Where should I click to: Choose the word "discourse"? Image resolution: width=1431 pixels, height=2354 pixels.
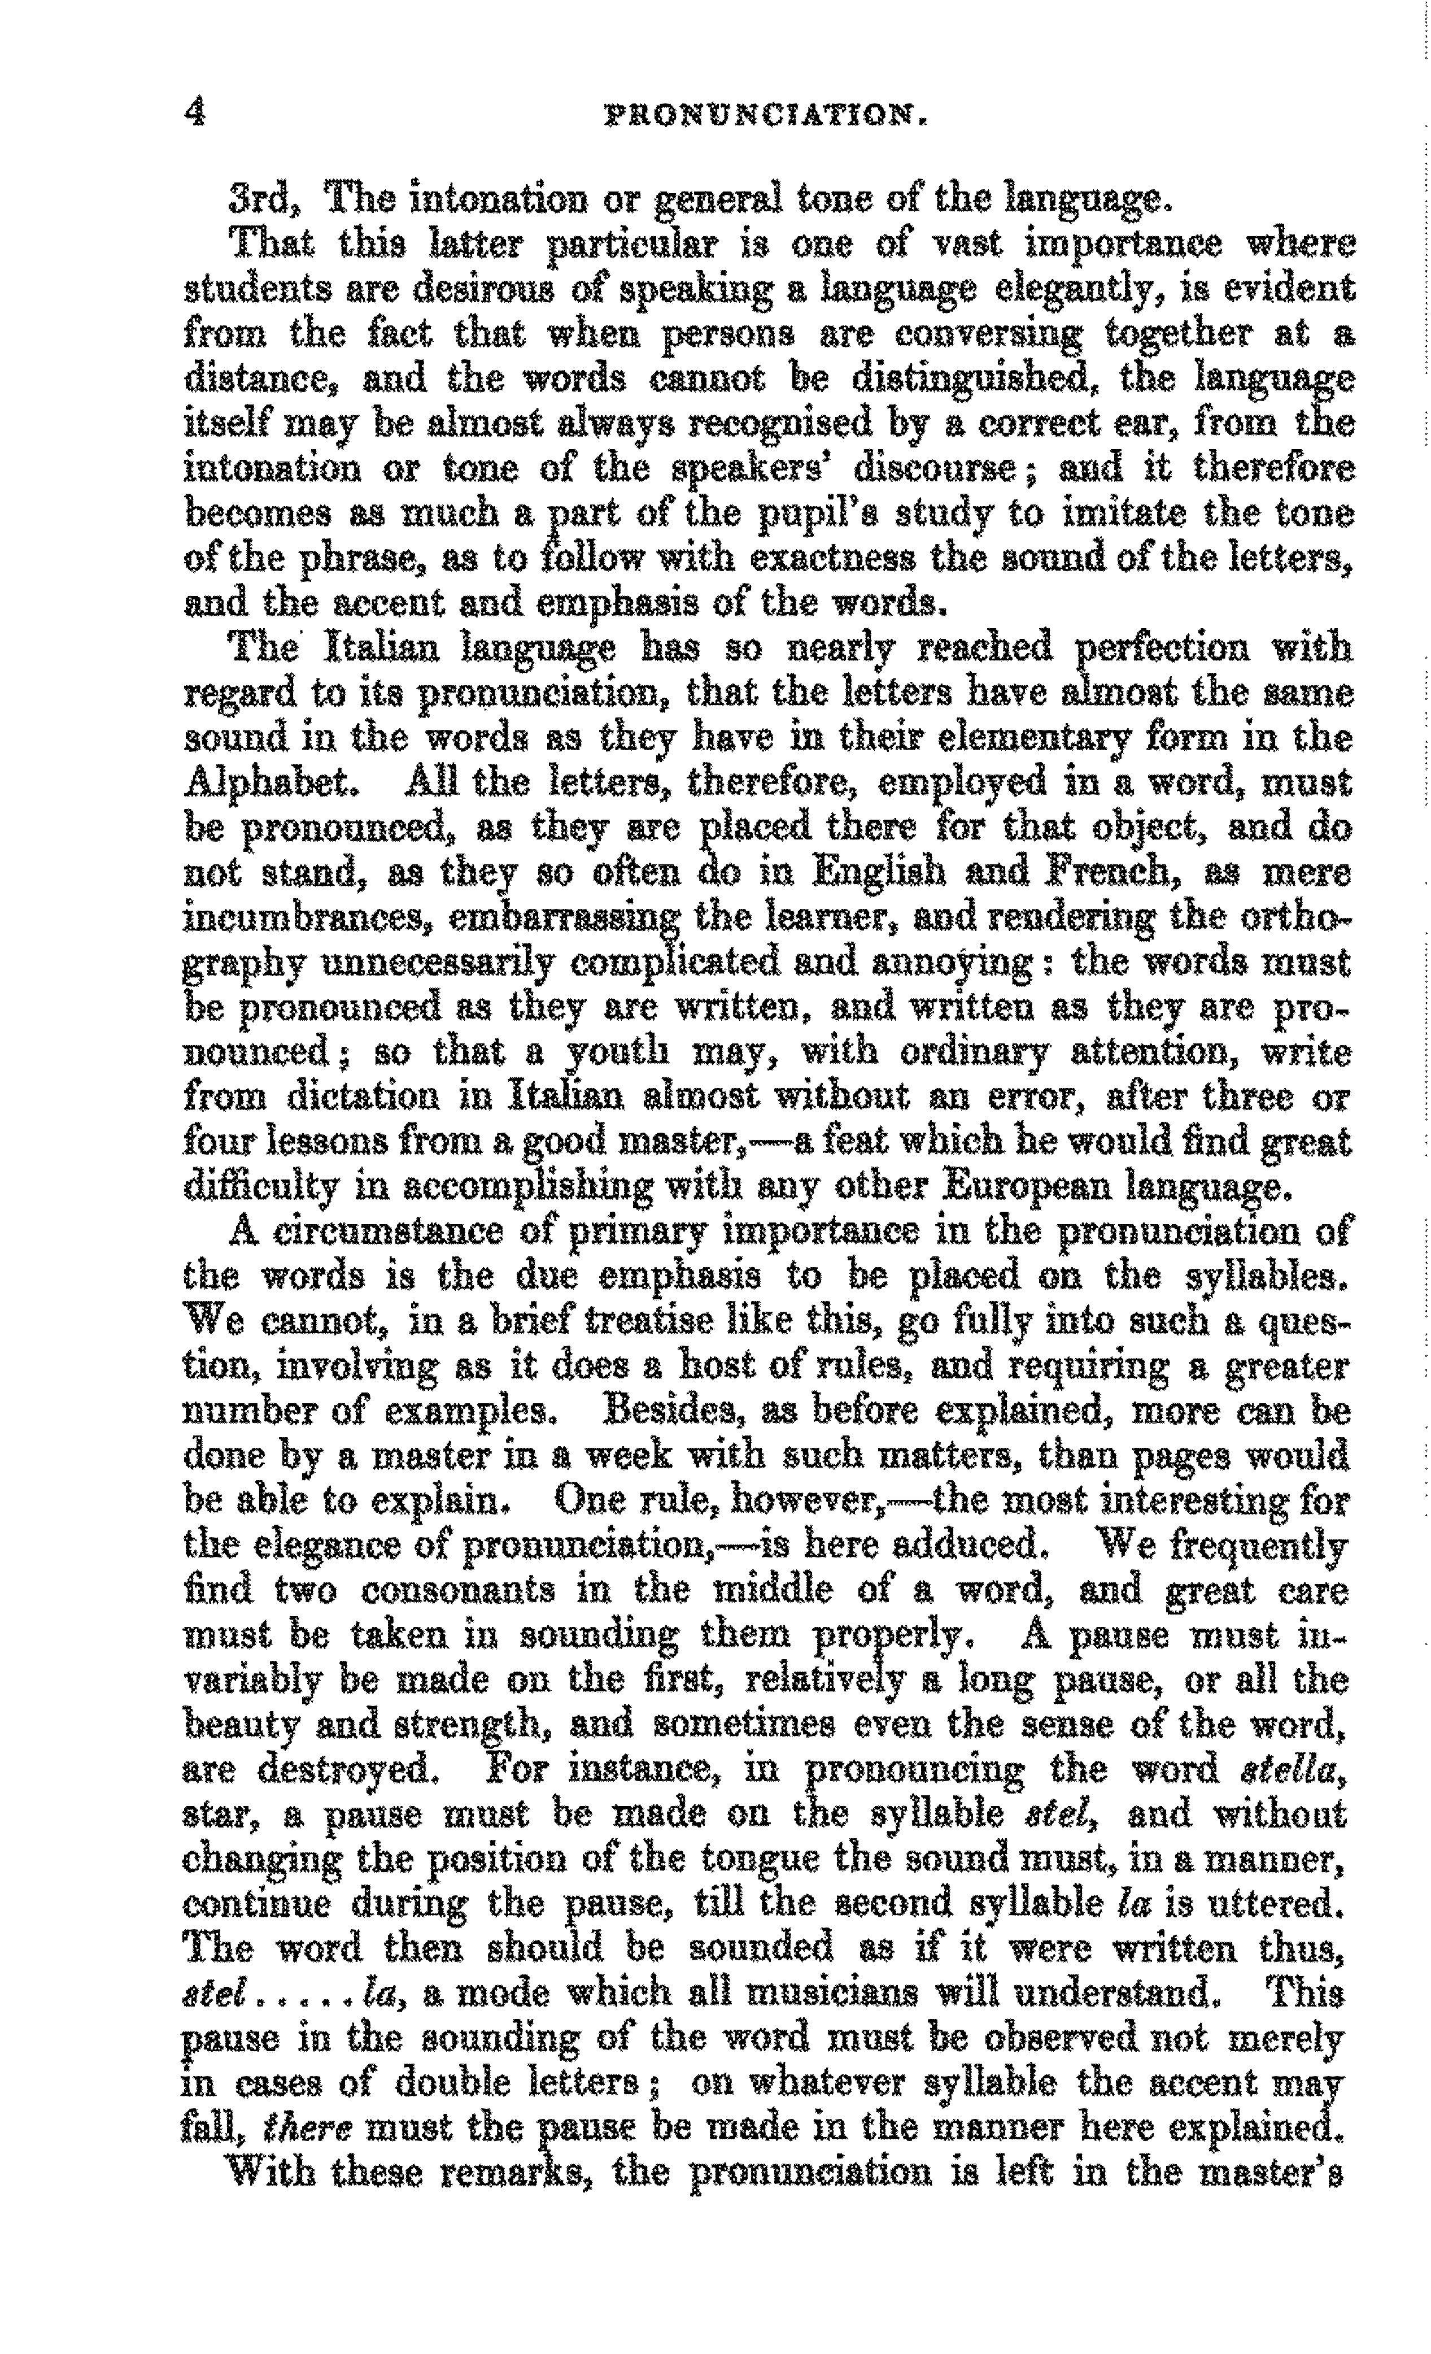[x=936, y=469]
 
